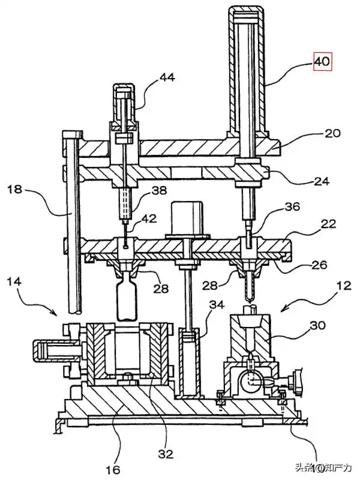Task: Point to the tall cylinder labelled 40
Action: tap(246, 72)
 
